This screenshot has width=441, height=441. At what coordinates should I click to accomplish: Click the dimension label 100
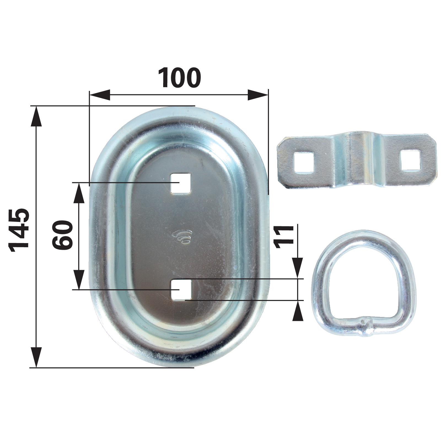[179, 78]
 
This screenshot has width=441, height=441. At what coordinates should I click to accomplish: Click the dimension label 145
[19, 230]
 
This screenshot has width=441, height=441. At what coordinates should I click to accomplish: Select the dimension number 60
[63, 235]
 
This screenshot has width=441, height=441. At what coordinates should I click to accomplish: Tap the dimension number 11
[284, 237]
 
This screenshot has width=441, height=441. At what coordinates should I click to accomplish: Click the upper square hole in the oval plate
[181, 183]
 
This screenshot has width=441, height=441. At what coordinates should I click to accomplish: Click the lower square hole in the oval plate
[181, 290]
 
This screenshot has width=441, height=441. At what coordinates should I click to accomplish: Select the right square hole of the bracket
[410, 160]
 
